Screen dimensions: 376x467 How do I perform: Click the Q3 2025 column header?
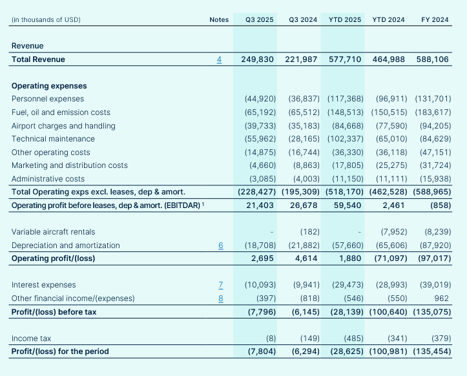tap(259, 19)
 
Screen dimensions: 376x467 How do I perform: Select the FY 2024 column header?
tap(435, 19)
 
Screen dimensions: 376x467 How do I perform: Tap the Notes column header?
tap(219, 19)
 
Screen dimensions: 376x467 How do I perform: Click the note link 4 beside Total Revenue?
tap(219, 59)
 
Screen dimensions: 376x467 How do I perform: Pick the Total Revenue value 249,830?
tap(257, 59)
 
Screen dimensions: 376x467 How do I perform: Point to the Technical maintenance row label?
tap(53, 139)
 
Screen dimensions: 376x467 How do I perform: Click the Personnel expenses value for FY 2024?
tap(433, 99)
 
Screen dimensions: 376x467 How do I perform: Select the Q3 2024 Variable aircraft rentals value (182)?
tap(306, 232)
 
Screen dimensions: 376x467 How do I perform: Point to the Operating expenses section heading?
tap(49, 86)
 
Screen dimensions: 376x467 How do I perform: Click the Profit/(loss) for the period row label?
tap(60, 351)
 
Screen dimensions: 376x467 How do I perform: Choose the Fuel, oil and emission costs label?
tap(61, 112)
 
